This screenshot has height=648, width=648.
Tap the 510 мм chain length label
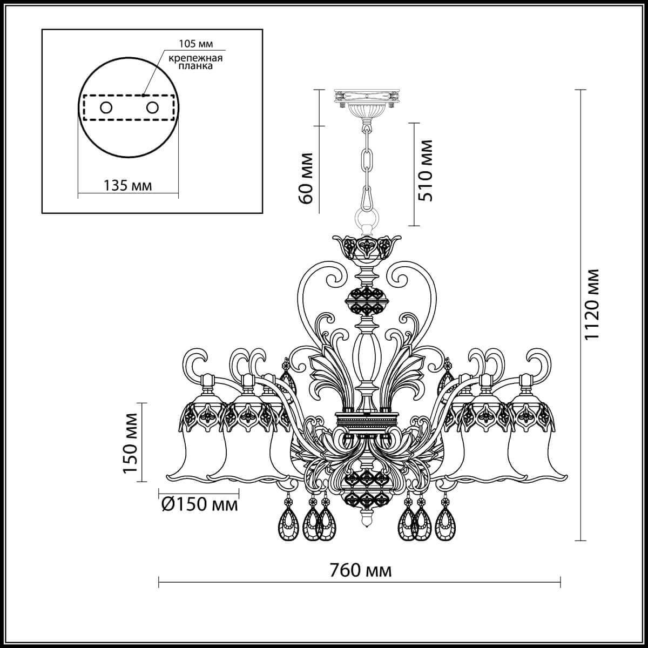click(426, 171)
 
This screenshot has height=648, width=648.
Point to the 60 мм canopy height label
click(306, 178)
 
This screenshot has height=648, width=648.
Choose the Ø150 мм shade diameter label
click(199, 505)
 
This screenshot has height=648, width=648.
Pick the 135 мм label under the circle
click(127, 185)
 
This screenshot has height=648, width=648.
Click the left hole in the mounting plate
click(105, 107)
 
